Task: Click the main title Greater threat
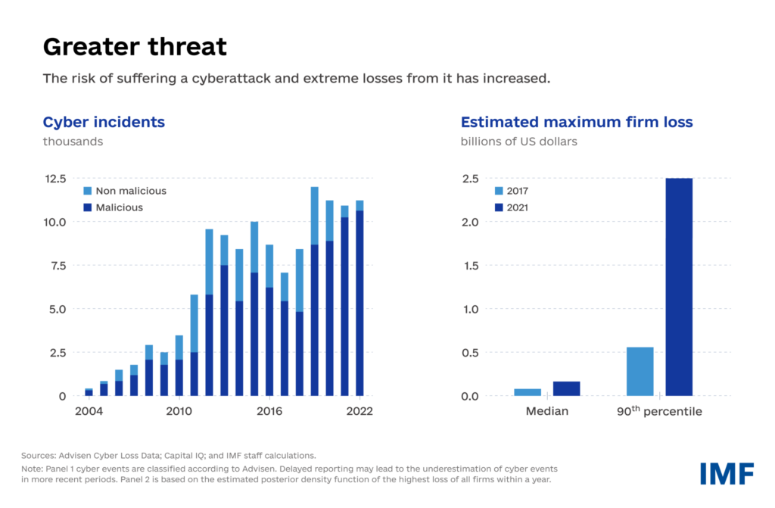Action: point(135,47)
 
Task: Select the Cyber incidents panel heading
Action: point(104,122)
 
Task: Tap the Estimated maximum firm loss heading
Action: point(577,122)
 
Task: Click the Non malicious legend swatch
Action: point(86,191)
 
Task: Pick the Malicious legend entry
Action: point(119,207)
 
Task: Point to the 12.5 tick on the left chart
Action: point(55,179)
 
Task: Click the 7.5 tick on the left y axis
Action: point(58,266)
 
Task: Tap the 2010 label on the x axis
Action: point(179,412)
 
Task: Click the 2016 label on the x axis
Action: point(269,412)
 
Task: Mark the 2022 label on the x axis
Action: point(359,412)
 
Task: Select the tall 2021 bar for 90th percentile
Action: point(679,287)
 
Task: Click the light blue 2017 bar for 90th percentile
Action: point(640,371)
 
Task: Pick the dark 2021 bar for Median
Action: point(566,388)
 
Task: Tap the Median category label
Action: point(547,412)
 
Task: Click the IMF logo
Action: point(726,473)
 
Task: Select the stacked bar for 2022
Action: point(359,298)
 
